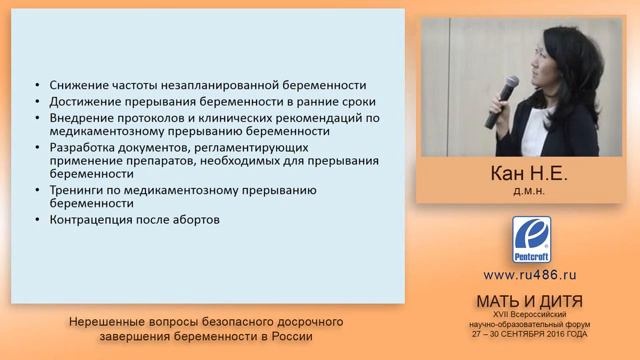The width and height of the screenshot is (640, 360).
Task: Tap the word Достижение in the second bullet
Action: tap(80, 102)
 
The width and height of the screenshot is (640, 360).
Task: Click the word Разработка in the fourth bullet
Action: tap(80, 146)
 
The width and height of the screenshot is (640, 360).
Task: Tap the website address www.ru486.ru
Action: tap(530, 274)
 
